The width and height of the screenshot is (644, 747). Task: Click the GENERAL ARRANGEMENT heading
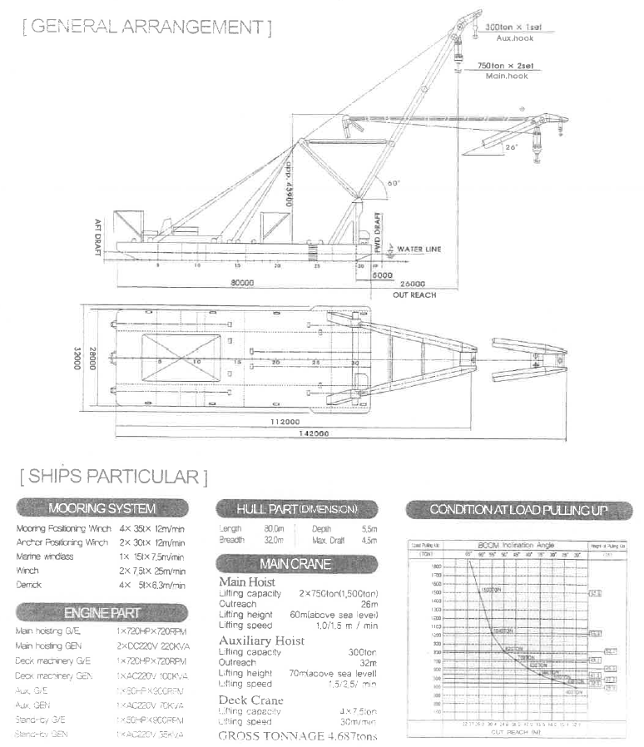pyautogui.click(x=147, y=27)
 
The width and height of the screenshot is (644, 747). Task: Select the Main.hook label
pyautogui.click(x=508, y=76)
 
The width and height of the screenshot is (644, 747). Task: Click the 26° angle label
pyautogui.click(x=512, y=147)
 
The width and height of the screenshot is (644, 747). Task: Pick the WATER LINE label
pyautogui.click(x=419, y=249)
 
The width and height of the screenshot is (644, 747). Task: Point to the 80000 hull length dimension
pyautogui.click(x=242, y=283)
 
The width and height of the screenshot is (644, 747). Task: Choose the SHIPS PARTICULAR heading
pyautogui.click(x=114, y=477)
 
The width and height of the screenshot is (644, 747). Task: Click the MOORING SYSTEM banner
pyautogui.click(x=102, y=508)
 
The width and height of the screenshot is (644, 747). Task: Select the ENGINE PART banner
pyautogui.click(x=102, y=613)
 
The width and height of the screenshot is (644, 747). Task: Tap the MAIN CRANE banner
pyautogui.click(x=295, y=564)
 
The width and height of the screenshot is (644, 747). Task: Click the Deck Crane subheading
pyautogui.click(x=250, y=700)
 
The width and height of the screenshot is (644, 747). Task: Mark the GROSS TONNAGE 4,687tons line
pyautogui.click(x=298, y=736)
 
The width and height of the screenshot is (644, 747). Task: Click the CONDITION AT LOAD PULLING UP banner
pyautogui.click(x=518, y=509)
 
